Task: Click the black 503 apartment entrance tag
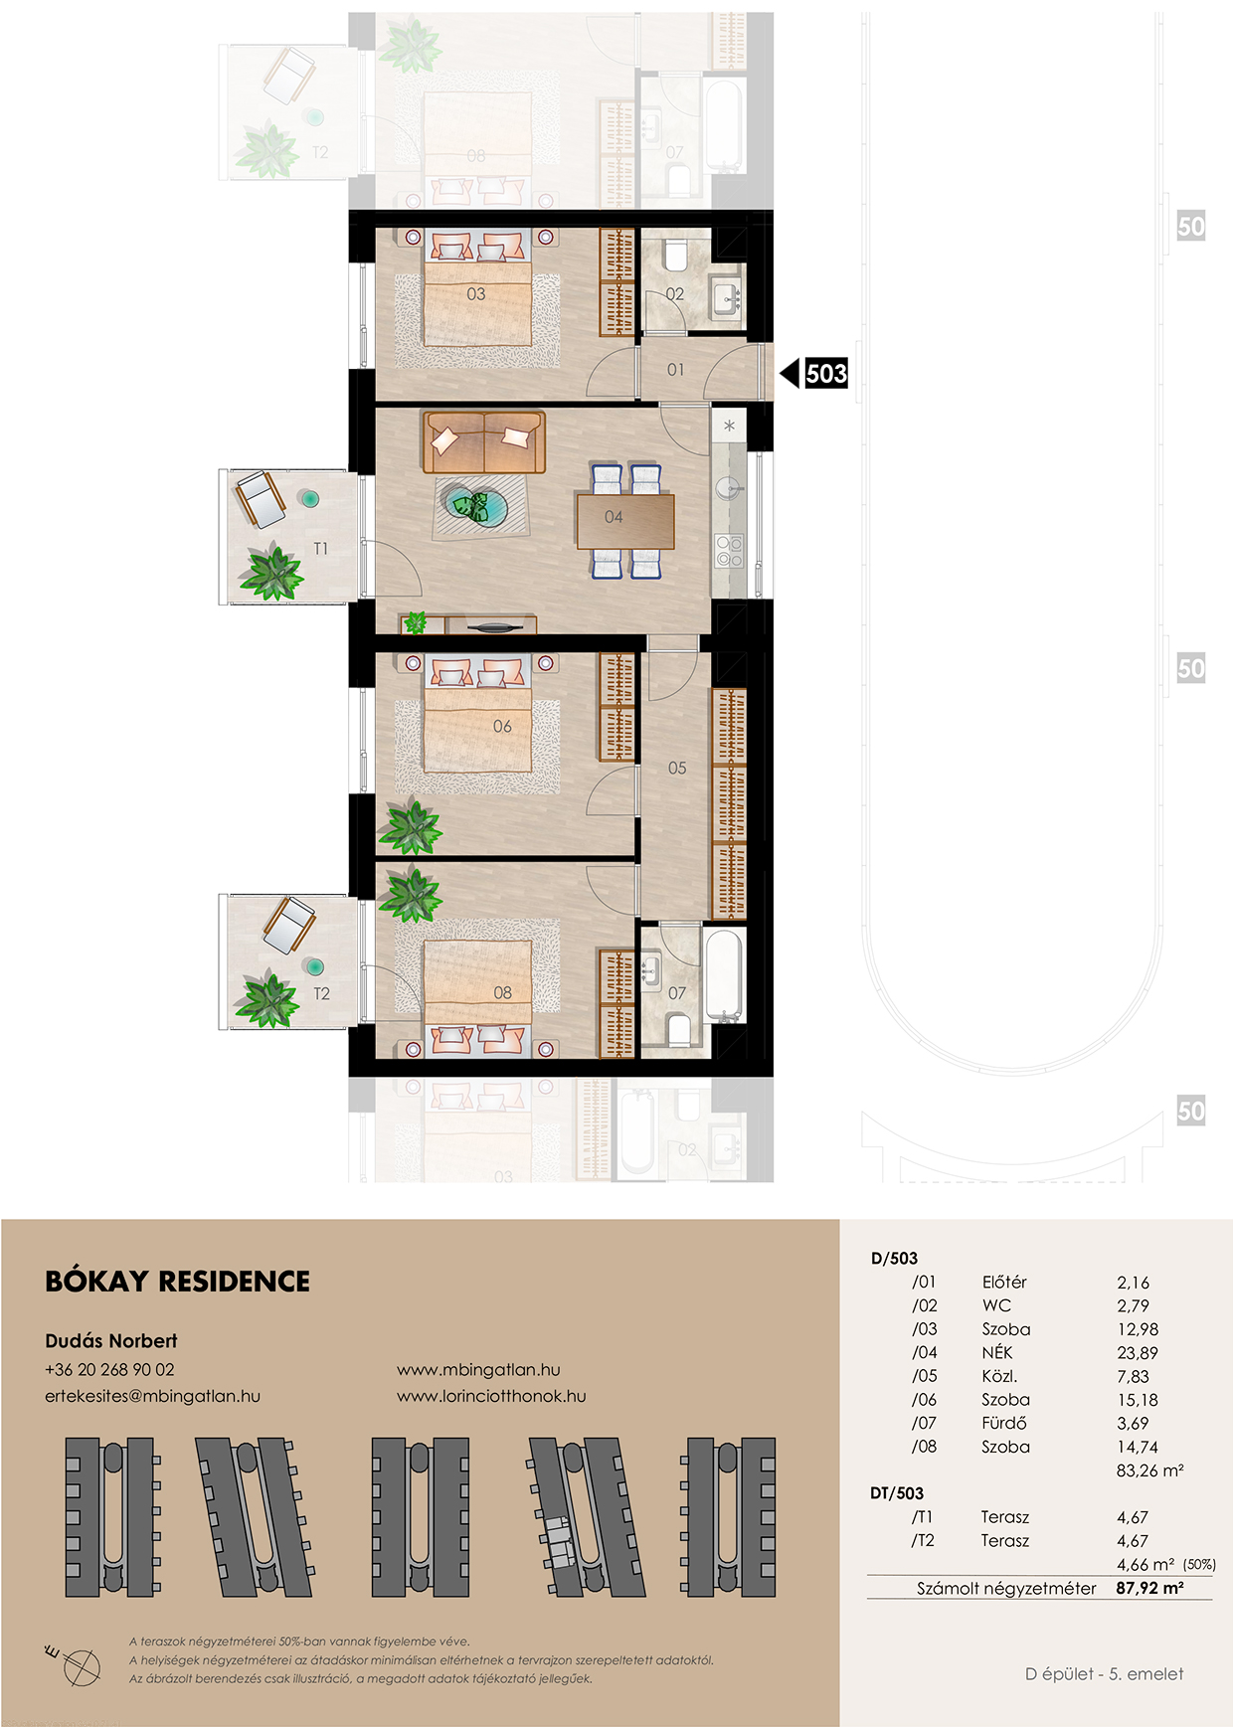tap(826, 374)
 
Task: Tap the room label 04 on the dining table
tap(614, 517)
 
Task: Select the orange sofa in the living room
tap(484, 442)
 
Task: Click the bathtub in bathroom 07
tap(723, 975)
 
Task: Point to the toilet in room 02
tap(675, 256)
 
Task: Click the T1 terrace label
tap(320, 549)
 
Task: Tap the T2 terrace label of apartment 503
tap(321, 994)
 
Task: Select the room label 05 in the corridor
tap(677, 769)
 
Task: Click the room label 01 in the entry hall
tap(675, 370)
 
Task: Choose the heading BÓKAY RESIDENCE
tap(178, 1281)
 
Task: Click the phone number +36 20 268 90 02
tap(109, 1369)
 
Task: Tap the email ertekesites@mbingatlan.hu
tap(152, 1396)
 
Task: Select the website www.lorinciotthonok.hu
tap(491, 1396)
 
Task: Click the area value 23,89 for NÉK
tap(1138, 1353)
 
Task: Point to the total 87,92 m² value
tap(1149, 1588)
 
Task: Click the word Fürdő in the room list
tap(1004, 1423)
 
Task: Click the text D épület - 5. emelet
tap(1105, 1674)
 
